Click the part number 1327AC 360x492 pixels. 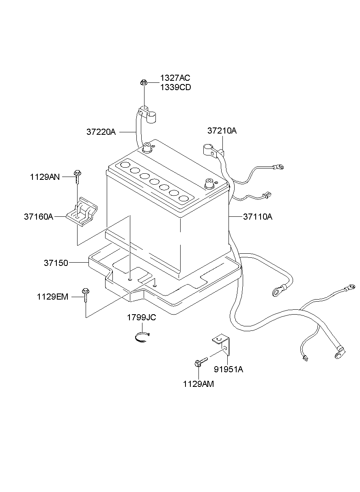[175, 78]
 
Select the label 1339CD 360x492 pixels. [175, 87]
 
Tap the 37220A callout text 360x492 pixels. [101, 132]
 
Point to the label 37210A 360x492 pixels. [222, 131]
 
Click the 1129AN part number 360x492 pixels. [45, 177]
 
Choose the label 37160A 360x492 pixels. [39, 217]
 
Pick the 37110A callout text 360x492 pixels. [258, 217]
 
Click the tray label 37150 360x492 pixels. [56, 263]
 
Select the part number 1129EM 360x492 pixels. [52, 297]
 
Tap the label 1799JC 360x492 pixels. [142, 317]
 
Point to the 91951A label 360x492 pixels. [229, 369]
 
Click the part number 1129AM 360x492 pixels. [198, 384]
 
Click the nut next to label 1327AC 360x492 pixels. [143, 83]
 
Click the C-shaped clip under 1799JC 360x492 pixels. [142, 338]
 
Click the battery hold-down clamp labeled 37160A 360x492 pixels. [82, 212]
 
